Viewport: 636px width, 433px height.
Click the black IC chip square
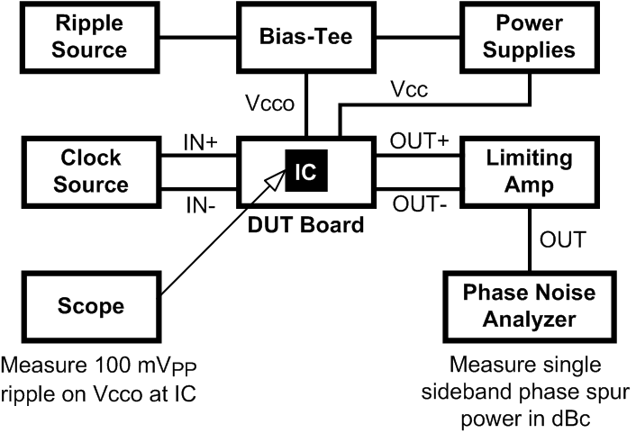click(305, 171)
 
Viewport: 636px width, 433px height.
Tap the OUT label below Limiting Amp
click(561, 239)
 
